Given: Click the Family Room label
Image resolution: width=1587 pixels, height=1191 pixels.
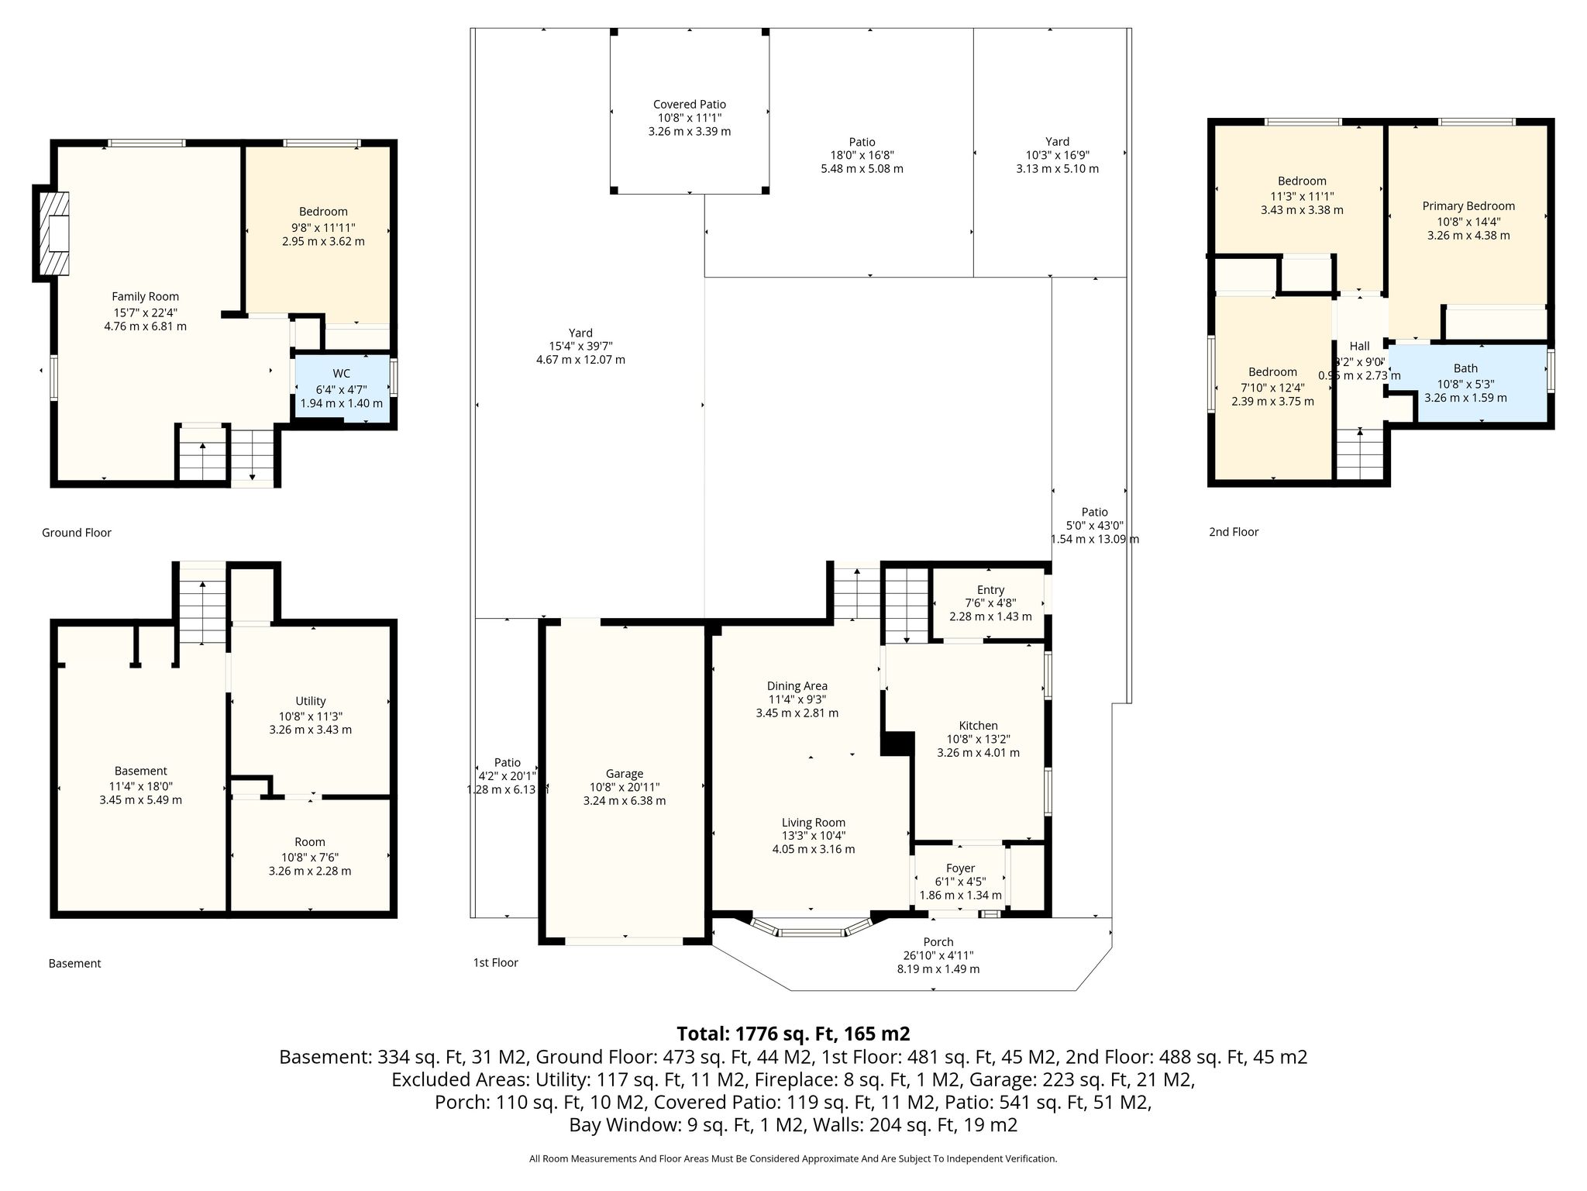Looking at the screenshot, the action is [x=145, y=296].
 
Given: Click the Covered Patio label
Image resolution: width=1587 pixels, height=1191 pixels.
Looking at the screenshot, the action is [x=690, y=104].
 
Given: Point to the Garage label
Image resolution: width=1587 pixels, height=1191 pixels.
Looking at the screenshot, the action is [x=625, y=774].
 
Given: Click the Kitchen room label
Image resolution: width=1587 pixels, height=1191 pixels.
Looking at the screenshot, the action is [x=978, y=726].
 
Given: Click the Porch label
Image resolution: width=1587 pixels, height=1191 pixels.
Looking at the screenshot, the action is [x=938, y=942].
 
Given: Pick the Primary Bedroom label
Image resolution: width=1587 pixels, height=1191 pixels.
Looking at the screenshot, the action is [x=1468, y=205].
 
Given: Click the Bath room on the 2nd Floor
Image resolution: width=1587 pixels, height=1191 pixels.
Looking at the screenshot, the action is [x=1466, y=383].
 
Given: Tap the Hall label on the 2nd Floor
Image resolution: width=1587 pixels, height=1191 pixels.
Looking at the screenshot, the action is [x=1359, y=346].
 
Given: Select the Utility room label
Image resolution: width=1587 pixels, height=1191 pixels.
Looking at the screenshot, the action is [x=310, y=701].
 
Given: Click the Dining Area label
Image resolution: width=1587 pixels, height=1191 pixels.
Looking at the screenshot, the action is [x=797, y=685].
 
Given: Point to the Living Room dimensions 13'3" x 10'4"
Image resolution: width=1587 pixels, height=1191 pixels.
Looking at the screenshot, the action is [x=813, y=836].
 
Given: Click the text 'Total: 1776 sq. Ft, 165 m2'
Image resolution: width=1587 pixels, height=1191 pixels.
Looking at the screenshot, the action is [x=793, y=1034].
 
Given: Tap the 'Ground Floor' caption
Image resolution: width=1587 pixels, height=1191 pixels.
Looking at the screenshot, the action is [x=77, y=533].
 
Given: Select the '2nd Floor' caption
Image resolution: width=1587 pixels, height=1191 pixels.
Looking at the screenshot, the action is [x=1234, y=532].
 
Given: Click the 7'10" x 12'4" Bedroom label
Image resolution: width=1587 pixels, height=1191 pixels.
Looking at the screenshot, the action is [x=1272, y=372].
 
